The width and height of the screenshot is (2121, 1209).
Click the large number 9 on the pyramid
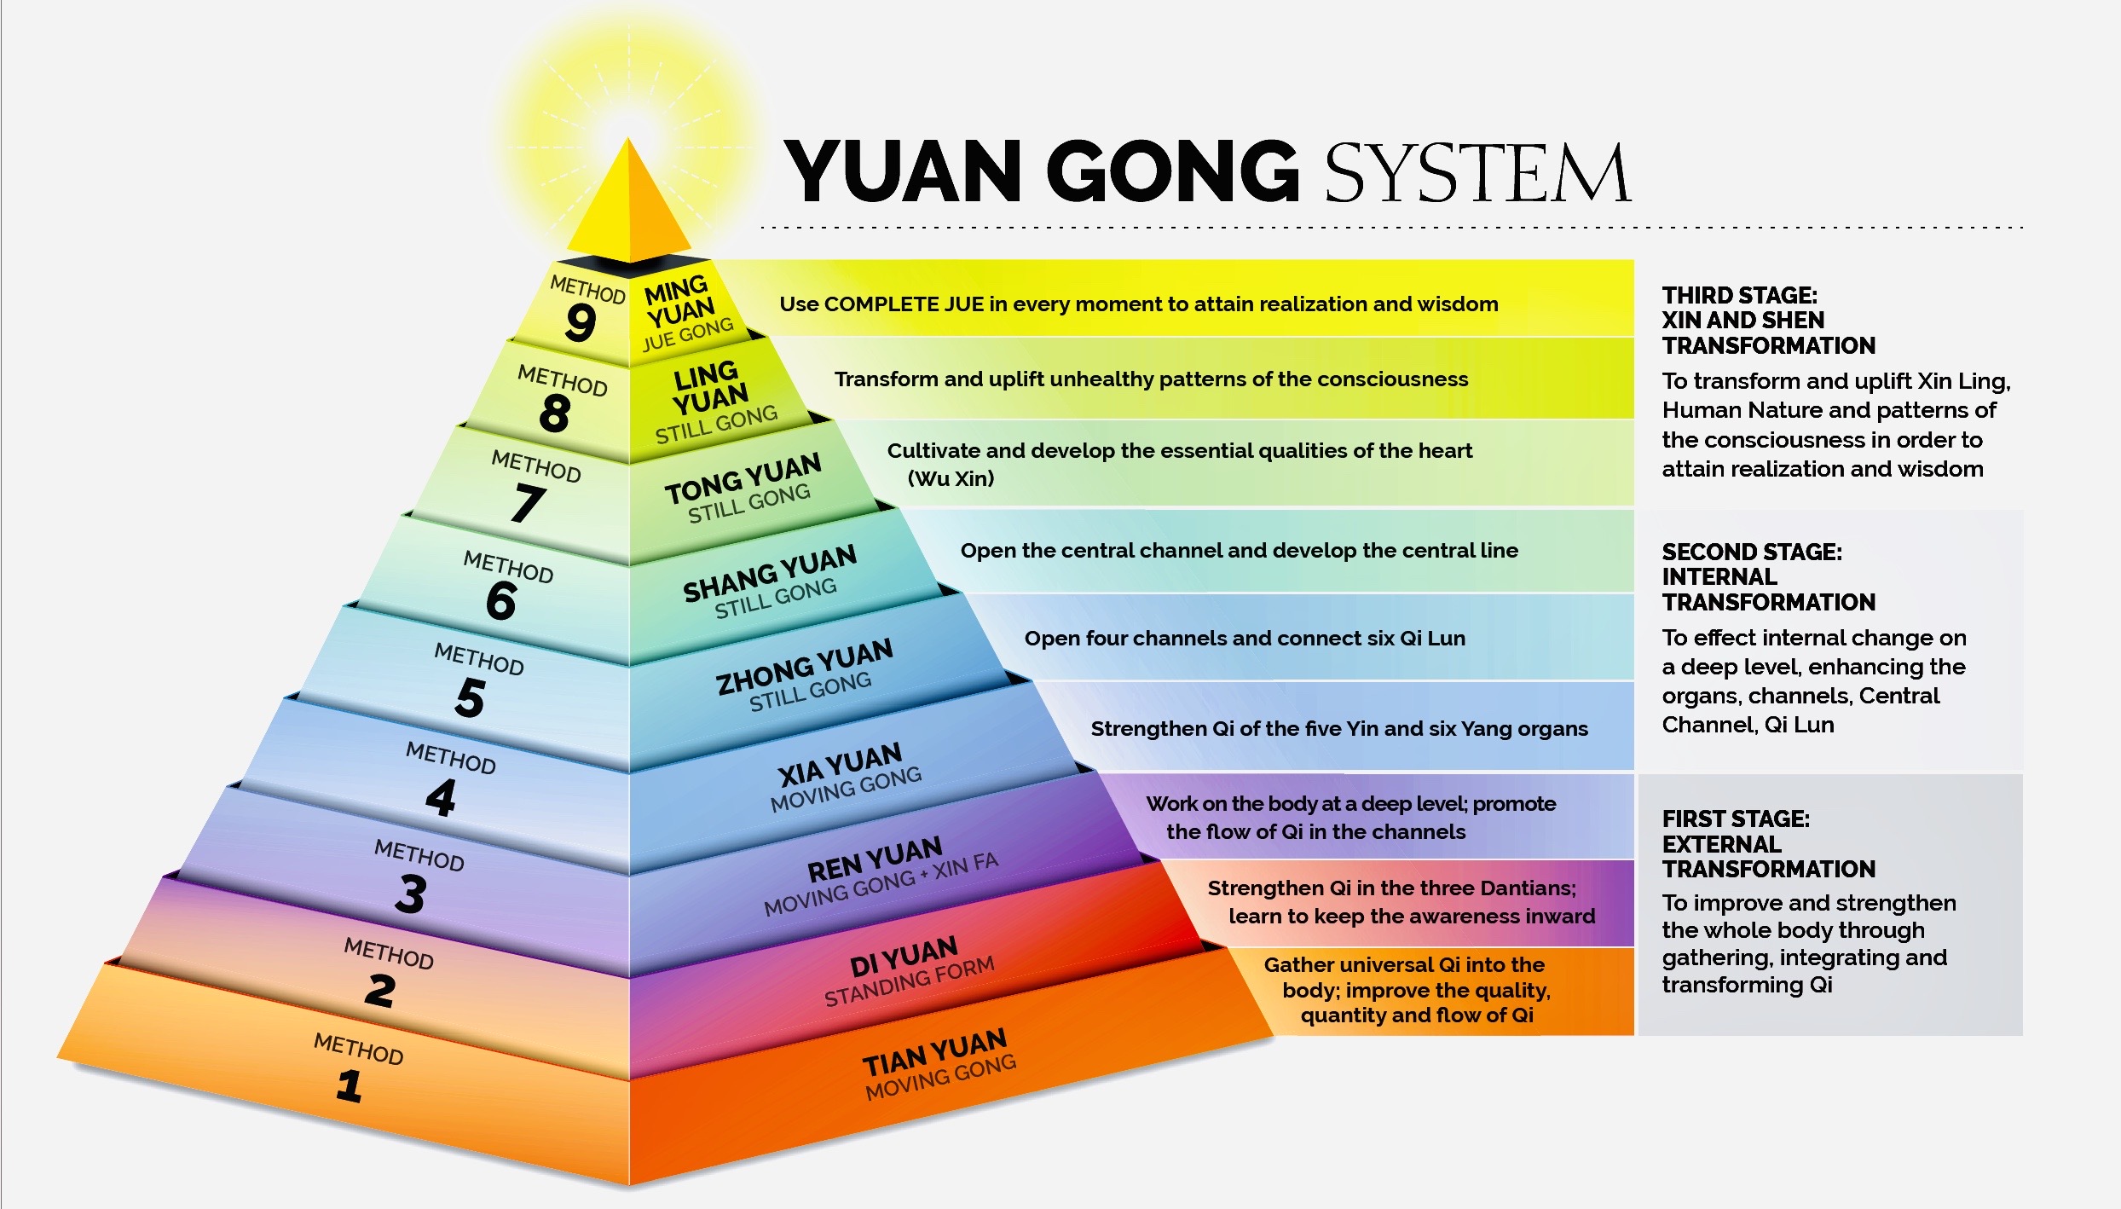[581, 322]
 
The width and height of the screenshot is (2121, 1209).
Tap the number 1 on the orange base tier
[349, 1086]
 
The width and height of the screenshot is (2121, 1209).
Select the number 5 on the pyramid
[471, 698]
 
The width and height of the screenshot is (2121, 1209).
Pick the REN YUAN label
[875, 858]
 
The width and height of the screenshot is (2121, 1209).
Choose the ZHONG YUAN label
[804, 665]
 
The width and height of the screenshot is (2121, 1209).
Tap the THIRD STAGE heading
[1739, 295]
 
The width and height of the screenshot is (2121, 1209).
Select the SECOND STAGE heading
[1751, 552]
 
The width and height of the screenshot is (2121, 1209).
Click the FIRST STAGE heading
[1736, 819]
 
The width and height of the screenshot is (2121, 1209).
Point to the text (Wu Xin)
[951, 478]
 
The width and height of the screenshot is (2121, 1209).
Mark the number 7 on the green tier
[528, 501]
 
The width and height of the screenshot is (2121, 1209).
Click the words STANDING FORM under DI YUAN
[909, 981]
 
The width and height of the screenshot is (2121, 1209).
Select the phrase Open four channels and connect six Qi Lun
[1244, 638]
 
